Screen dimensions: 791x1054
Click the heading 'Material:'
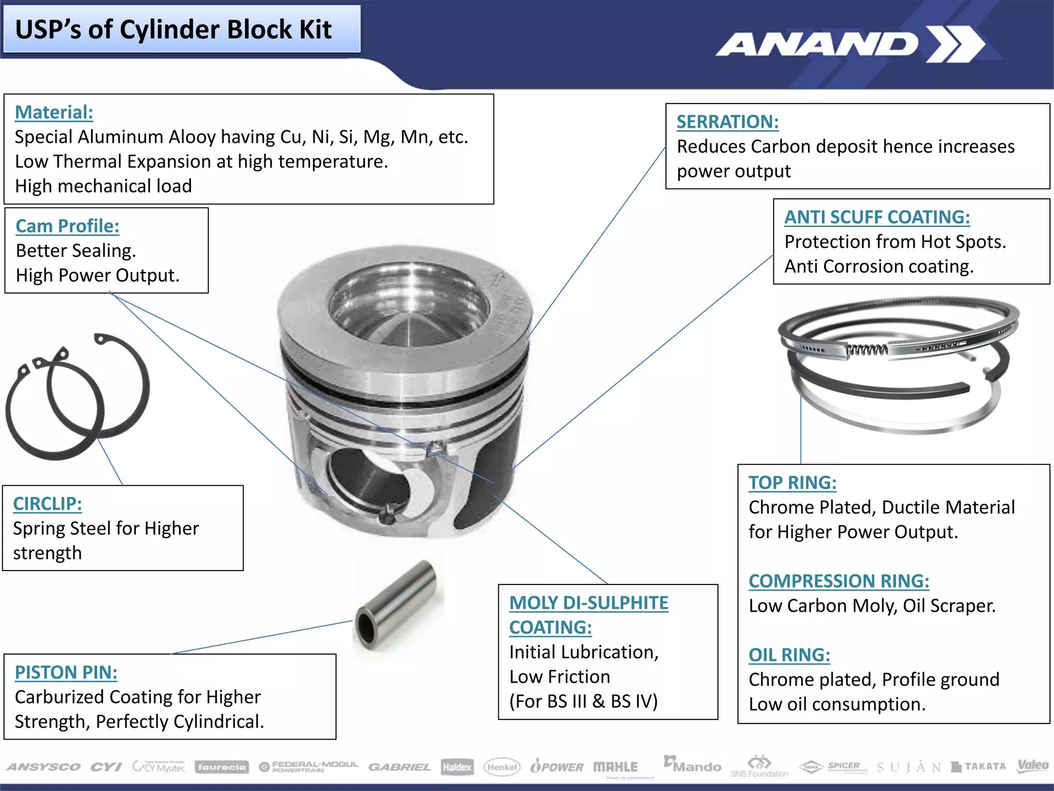pos(54,112)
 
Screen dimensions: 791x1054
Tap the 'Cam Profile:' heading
pos(67,226)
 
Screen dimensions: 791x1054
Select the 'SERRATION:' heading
pos(727,122)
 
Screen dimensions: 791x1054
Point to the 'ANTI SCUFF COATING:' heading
pos(877,217)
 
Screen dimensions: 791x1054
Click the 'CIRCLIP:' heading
pos(47,504)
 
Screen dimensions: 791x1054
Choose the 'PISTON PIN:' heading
pos(66,673)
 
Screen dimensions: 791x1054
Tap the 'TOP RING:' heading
pos(792,483)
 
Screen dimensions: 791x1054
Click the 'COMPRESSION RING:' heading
pos(838,581)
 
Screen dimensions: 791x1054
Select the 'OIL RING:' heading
pos(789,655)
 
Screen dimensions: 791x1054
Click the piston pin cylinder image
pos(396,606)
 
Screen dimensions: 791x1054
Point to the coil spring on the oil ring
pos(867,350)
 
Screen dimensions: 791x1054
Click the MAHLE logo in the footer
pos(615,767)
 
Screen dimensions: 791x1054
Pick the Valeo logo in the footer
pos(1032,766)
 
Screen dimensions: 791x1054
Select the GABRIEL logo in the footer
pos(399,767)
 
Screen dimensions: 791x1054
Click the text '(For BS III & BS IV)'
pos(583,701)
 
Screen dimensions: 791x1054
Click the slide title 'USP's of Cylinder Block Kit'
pos(173,29)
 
